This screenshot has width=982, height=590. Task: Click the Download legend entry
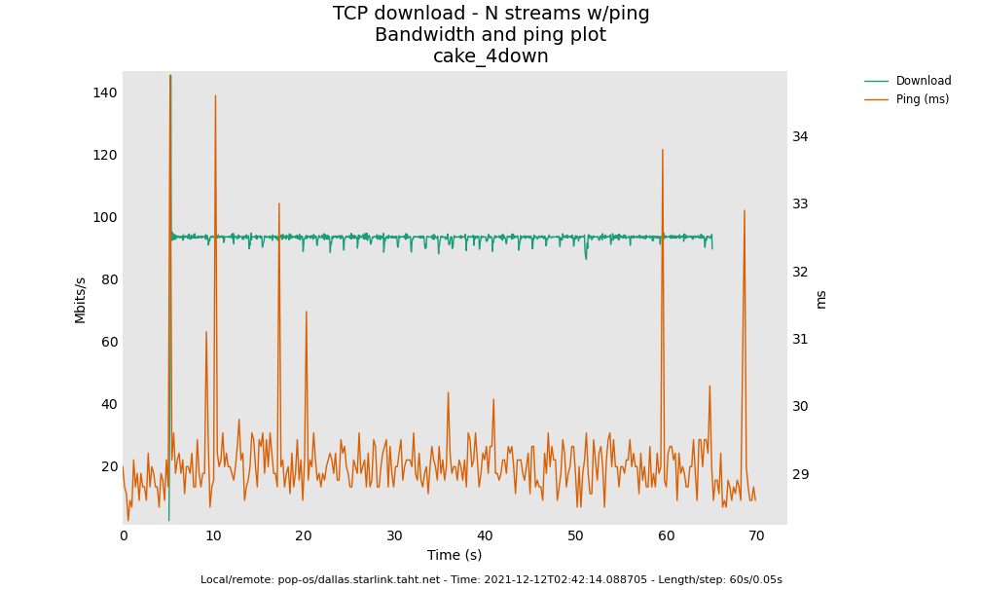(x=923, y=81)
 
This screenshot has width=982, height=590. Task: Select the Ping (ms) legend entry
(x=922, y=99)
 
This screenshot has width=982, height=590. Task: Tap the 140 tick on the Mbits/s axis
(x=104, y=92)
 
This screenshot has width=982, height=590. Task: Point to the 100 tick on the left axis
(x=104, y=217)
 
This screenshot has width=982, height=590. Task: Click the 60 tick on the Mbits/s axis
(x=107, y=342)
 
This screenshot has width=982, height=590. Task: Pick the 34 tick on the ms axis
(x=800, y=136)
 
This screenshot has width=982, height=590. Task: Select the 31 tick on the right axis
(x=800, y=339)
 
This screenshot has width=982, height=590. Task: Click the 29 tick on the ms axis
(x=800, y=474)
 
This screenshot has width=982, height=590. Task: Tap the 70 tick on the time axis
(x=756, y=535)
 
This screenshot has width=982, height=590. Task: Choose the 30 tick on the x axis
(x=394, y=535)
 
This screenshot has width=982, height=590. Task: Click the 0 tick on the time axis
(x=124, y=535)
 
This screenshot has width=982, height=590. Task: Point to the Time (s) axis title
(x=455, y=555)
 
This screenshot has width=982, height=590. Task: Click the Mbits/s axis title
(x=81, y=300)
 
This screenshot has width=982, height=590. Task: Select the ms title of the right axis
(x=821, y=299)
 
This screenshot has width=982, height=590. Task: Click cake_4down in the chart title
(x=491, y=56)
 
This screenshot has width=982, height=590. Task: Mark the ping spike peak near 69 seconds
(x=745, y=210)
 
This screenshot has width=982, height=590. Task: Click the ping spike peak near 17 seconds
(x=279, y=203)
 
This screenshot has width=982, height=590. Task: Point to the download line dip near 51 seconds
(x=586, y=258)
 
